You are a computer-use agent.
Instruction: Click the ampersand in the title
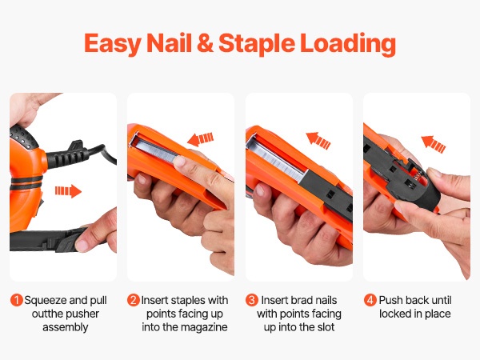[205, 43]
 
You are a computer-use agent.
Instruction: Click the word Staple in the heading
[257, 44]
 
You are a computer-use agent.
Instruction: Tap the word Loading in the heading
[348, 44]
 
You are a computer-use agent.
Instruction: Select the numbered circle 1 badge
[17, 300]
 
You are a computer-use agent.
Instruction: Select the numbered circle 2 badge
[134, 300]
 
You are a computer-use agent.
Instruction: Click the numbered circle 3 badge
[252, 300]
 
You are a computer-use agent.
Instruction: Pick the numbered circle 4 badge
[370, 300]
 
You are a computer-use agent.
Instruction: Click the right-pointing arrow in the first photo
[68, 191]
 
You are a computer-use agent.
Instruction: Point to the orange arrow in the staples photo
[200, 139]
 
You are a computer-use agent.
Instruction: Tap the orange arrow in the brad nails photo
[318, 141]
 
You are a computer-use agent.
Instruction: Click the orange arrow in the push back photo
[434, 144]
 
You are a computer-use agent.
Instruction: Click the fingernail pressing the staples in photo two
[179, 161]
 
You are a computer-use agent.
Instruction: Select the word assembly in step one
[66, 327]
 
